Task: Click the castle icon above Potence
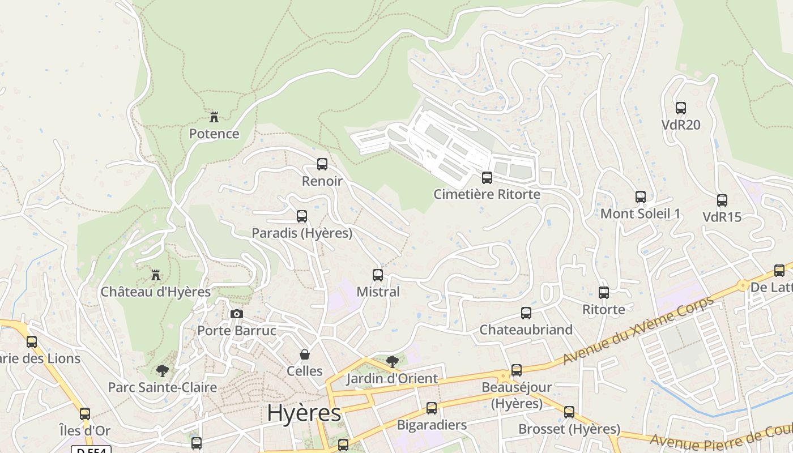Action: point(214,117)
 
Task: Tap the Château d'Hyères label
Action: point(156,292)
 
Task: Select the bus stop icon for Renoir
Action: point(322,164)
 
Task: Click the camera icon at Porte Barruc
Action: point(237,314)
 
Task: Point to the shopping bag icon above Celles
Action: point(305,354)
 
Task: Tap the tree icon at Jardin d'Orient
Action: point(392,361)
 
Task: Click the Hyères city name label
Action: point(304,413)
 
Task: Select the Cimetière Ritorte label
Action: point(487,194)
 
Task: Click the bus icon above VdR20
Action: point(681,108)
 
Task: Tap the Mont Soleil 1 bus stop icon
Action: point(641,197)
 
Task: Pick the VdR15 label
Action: point(722,217)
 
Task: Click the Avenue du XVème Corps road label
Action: point(638,330)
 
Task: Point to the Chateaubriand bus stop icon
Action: point(526,313)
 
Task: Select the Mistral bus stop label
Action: point(378,292)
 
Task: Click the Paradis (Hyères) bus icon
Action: point(302,216)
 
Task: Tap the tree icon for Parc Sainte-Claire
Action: point(163,371)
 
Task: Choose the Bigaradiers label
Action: point(432,425)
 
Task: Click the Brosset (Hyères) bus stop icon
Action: point(569,412)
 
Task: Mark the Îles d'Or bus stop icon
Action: point(85,414)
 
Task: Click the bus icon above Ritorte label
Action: point(604,293)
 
